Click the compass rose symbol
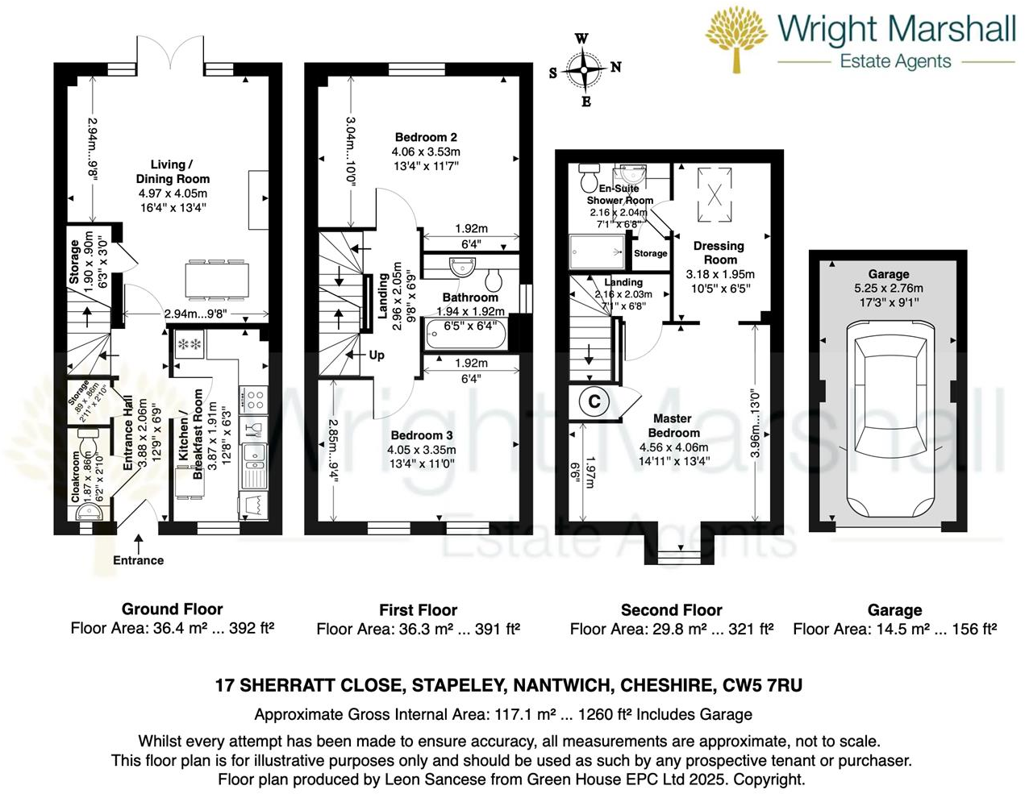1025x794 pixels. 584,70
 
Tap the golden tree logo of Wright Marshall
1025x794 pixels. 736,39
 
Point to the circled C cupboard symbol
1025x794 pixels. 594,401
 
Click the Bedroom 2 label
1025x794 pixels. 426,137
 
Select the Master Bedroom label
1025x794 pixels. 673,426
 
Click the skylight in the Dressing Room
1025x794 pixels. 715,195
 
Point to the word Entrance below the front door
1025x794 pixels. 138,560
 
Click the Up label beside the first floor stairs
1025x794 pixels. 377,355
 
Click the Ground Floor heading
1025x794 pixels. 172,609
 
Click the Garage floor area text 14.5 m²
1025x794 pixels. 906,629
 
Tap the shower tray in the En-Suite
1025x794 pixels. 597,251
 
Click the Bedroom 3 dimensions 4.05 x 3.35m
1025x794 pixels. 422,450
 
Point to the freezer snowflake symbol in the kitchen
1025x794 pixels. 189,344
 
